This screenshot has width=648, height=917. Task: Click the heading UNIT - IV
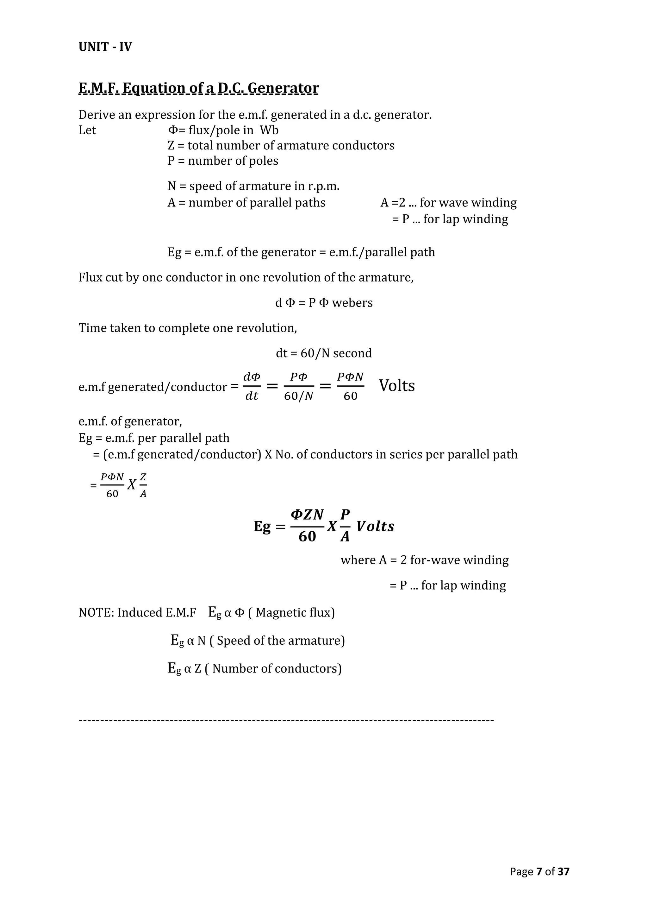(105, 47)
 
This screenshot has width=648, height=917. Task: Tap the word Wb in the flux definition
(269, 130)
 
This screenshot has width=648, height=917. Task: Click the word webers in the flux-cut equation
(352, 303)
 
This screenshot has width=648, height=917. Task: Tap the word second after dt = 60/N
(352, 353)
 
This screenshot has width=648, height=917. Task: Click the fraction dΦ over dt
(252, 386)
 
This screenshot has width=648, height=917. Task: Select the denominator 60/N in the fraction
(298, 396)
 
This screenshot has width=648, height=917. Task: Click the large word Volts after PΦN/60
(397, 386)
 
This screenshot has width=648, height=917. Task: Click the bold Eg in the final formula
(262, 526)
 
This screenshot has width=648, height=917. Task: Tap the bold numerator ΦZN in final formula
(307, 515)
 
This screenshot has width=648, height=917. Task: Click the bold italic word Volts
(375, 526)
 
